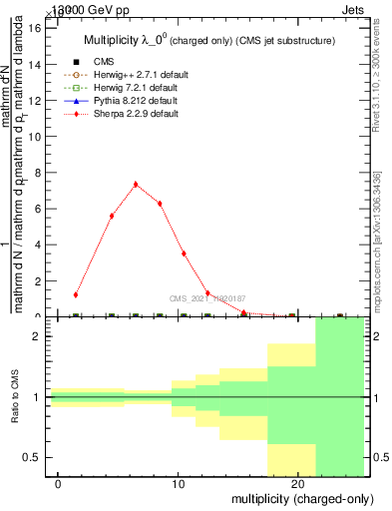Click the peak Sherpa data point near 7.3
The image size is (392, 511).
click(x=136, y=185)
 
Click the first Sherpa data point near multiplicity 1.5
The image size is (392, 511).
click(x=76, y=294)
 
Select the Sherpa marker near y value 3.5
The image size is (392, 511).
click(x=184, y=254)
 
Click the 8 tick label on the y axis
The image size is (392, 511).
click(x=36, y=173)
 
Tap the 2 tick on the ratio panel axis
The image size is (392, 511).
click(x=36, y=336)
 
